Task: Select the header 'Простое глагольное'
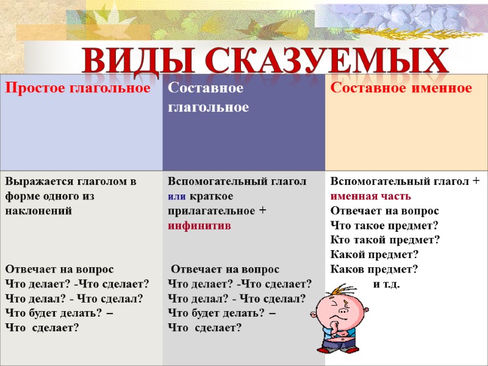(79, 89)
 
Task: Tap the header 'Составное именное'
(401, 89)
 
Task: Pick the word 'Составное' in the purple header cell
(206, 89)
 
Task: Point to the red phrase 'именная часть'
(371, 196)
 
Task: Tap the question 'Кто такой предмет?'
(385, 240)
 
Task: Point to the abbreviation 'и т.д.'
(387, 284)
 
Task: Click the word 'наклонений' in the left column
(38, 211)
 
